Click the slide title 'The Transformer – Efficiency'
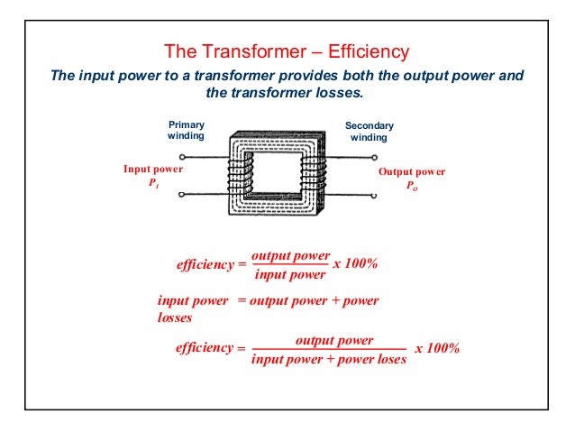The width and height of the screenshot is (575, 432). (286, 51)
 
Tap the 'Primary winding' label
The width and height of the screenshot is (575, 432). (187, 130)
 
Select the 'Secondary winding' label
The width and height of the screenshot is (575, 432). (370, 132)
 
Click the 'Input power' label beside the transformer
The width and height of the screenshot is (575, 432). (153, 169)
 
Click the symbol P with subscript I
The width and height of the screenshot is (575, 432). (154, 184)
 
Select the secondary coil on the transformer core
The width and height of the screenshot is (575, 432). (311, 172)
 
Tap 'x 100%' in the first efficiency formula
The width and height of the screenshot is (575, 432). (355, 264)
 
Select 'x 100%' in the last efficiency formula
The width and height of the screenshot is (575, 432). (437, 349)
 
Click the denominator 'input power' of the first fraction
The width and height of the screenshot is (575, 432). (288, 275)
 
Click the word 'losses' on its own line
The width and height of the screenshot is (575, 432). (175, 317)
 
